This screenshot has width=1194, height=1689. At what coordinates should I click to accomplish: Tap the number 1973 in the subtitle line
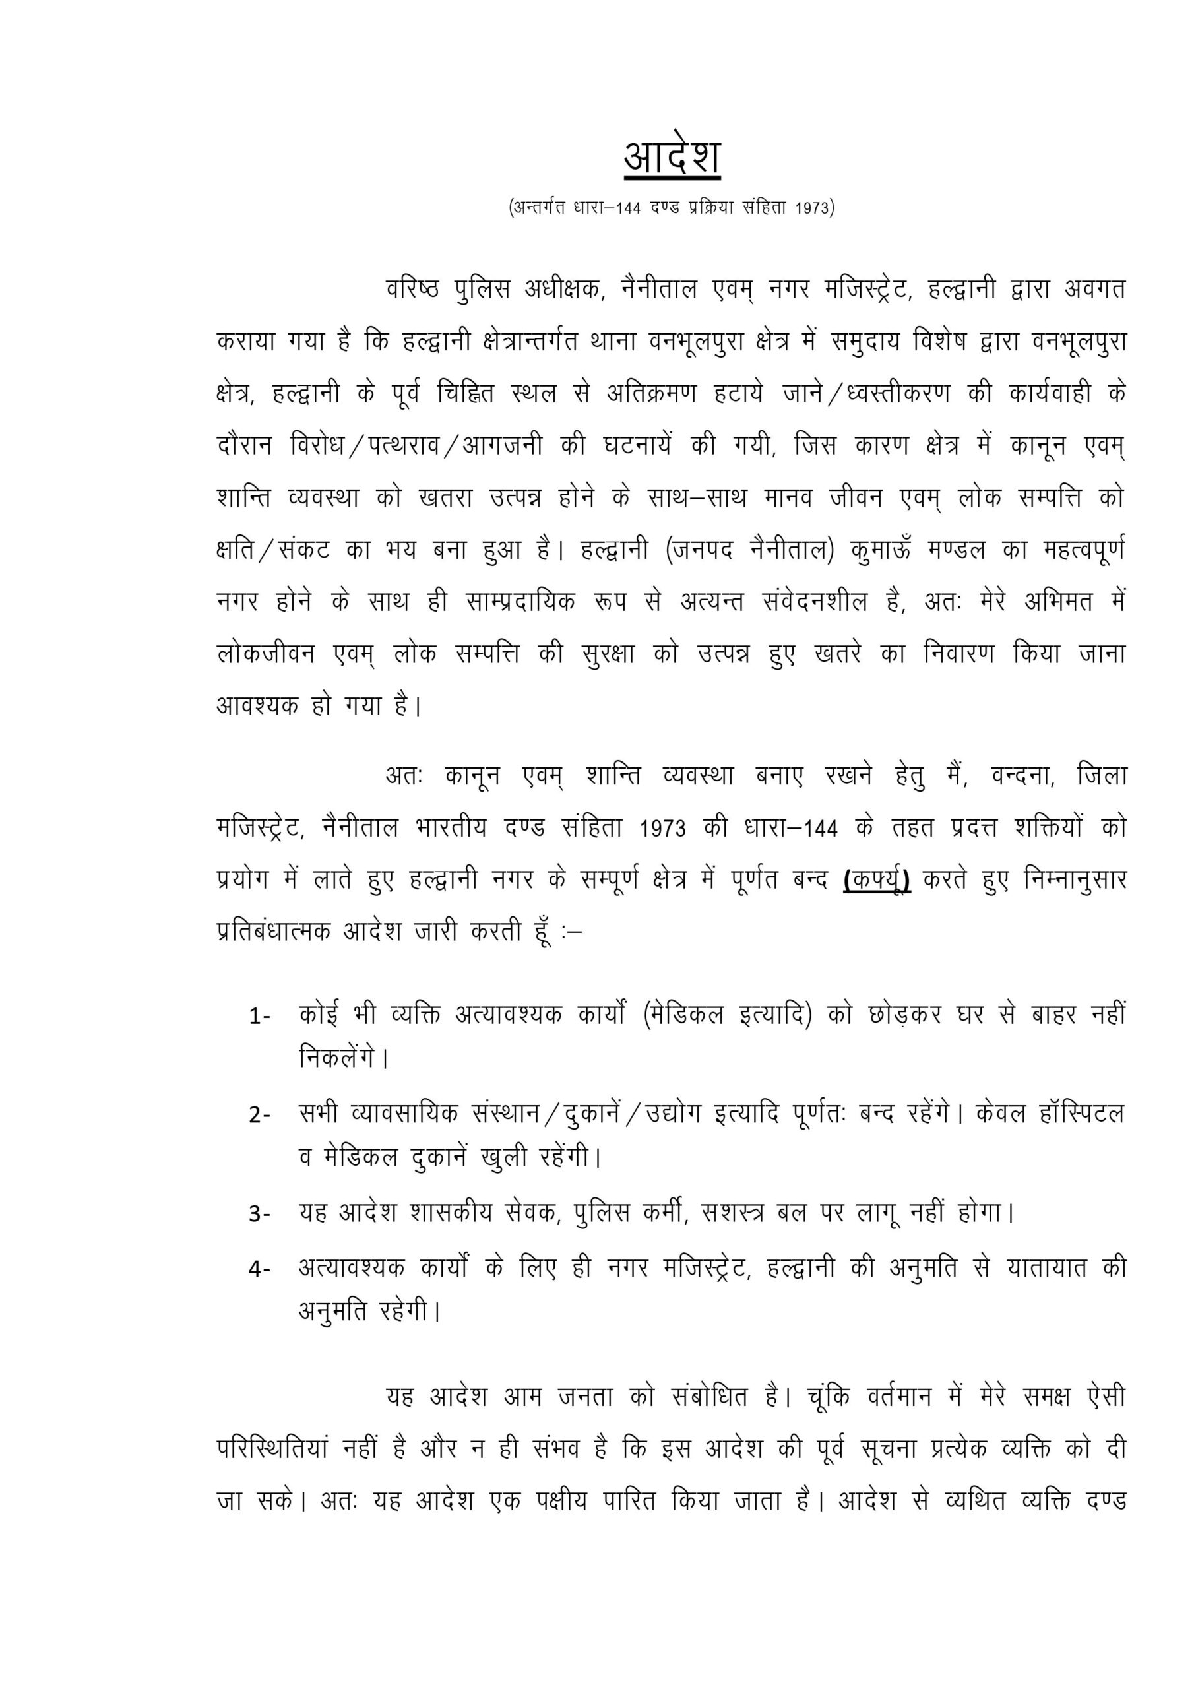(x=815, y=209)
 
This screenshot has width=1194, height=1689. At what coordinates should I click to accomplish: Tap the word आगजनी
(x=503, y=446)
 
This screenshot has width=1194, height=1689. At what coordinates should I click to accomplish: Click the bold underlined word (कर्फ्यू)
(x=877, y=881)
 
